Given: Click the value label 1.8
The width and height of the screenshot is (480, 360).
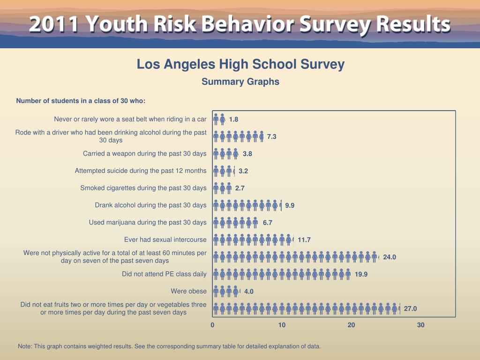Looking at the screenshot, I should [233, 120].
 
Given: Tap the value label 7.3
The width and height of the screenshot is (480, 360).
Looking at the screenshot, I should [272, 137].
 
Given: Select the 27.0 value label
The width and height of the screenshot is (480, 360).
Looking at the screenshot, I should [410, 308].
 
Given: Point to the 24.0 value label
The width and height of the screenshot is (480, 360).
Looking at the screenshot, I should [390, 257].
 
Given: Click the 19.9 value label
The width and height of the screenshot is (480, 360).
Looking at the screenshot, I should [361, 274].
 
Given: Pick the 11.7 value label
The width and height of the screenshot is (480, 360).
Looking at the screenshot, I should [304, 240].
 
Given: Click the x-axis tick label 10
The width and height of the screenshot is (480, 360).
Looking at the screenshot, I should [282, 325].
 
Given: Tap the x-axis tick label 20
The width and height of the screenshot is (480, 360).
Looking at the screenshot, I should [351, 325].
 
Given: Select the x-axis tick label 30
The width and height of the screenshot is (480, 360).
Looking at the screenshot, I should [420, 325].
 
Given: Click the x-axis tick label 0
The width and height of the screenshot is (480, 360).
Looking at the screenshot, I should [212, 325].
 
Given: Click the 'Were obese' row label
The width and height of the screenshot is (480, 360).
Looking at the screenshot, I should [188, 291].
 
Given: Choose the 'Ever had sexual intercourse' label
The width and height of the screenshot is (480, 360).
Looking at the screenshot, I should [165, 240].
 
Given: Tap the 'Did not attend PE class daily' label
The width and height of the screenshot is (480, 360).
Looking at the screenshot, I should [164, 274].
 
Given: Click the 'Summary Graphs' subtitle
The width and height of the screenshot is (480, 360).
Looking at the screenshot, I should [240, 82].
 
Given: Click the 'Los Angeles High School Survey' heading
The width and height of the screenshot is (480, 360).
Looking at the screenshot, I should [240, 64].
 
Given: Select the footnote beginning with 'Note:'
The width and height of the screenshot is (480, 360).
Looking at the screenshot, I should [169, 346].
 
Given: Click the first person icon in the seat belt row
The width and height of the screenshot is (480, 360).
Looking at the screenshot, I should [216, 119].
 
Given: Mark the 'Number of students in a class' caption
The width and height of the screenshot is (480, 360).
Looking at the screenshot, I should [81, 101].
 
